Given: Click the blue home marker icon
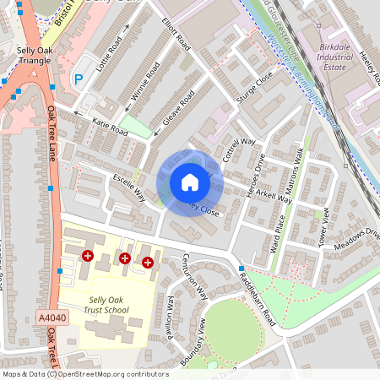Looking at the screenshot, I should coord(190,182).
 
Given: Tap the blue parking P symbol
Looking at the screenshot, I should coord(79,79).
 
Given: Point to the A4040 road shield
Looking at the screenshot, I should coord(51,318).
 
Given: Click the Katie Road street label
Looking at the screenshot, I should coord(110,128).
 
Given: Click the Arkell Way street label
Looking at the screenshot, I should coord(274,196).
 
